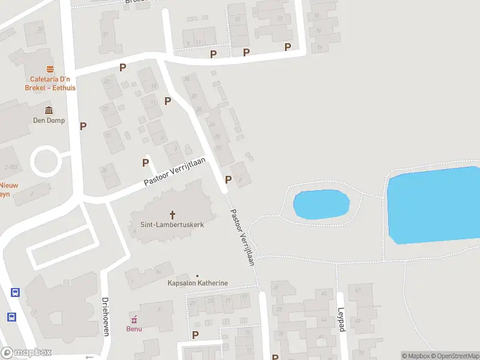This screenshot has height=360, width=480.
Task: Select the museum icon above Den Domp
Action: [x=49, y=110]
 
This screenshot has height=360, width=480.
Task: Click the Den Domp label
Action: [x=49, y=120]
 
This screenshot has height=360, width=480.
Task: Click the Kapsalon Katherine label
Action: [x=198, y=283]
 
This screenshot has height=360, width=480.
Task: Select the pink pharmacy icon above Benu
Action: [x=134, y=319]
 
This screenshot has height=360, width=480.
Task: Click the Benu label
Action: [x=134, y=328]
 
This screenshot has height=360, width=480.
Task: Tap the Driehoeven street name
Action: [x=105, y=317]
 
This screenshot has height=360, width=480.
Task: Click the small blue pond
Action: [x=321, y=205]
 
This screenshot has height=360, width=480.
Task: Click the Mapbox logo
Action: [x=26, y=353]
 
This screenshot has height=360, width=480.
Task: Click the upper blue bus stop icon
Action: [x=15, y=293]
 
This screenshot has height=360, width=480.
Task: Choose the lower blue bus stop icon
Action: [x=11, y=317]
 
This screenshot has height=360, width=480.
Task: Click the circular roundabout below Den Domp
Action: [x=46, y=161]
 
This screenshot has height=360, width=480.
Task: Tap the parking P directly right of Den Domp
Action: [x=83, y=126]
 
